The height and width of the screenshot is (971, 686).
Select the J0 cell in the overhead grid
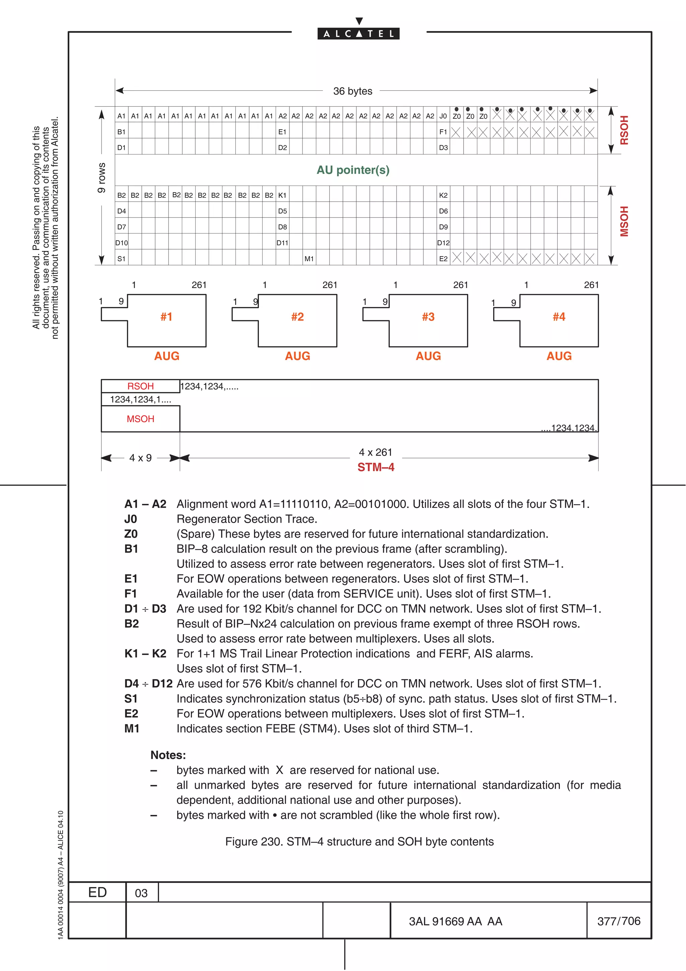(x=443, y=116)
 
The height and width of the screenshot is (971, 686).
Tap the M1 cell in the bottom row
(x=309, y=258)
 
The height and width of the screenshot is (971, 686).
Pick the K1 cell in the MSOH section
(x=282, y=195)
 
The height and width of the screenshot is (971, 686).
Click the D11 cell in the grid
(x=282, y=243)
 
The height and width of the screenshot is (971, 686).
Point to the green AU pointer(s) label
(x=353, y=170)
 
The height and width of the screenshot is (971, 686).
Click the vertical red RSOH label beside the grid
(x=624, y=130)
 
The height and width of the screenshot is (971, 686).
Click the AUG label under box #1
(x=166, y=356)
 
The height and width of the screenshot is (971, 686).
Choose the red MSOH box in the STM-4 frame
(x=140, y=419)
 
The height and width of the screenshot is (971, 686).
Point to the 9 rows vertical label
(x=101, y=178)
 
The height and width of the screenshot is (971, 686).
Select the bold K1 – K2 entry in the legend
(x=145, y=653)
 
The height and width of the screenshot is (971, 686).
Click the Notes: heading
(x=168, y=755)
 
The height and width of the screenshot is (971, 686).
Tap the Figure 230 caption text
(x=359, y=842)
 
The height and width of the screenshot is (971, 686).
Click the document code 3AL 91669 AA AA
(x=455, y=921)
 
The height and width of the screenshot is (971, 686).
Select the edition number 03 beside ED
(x=141, y=893)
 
